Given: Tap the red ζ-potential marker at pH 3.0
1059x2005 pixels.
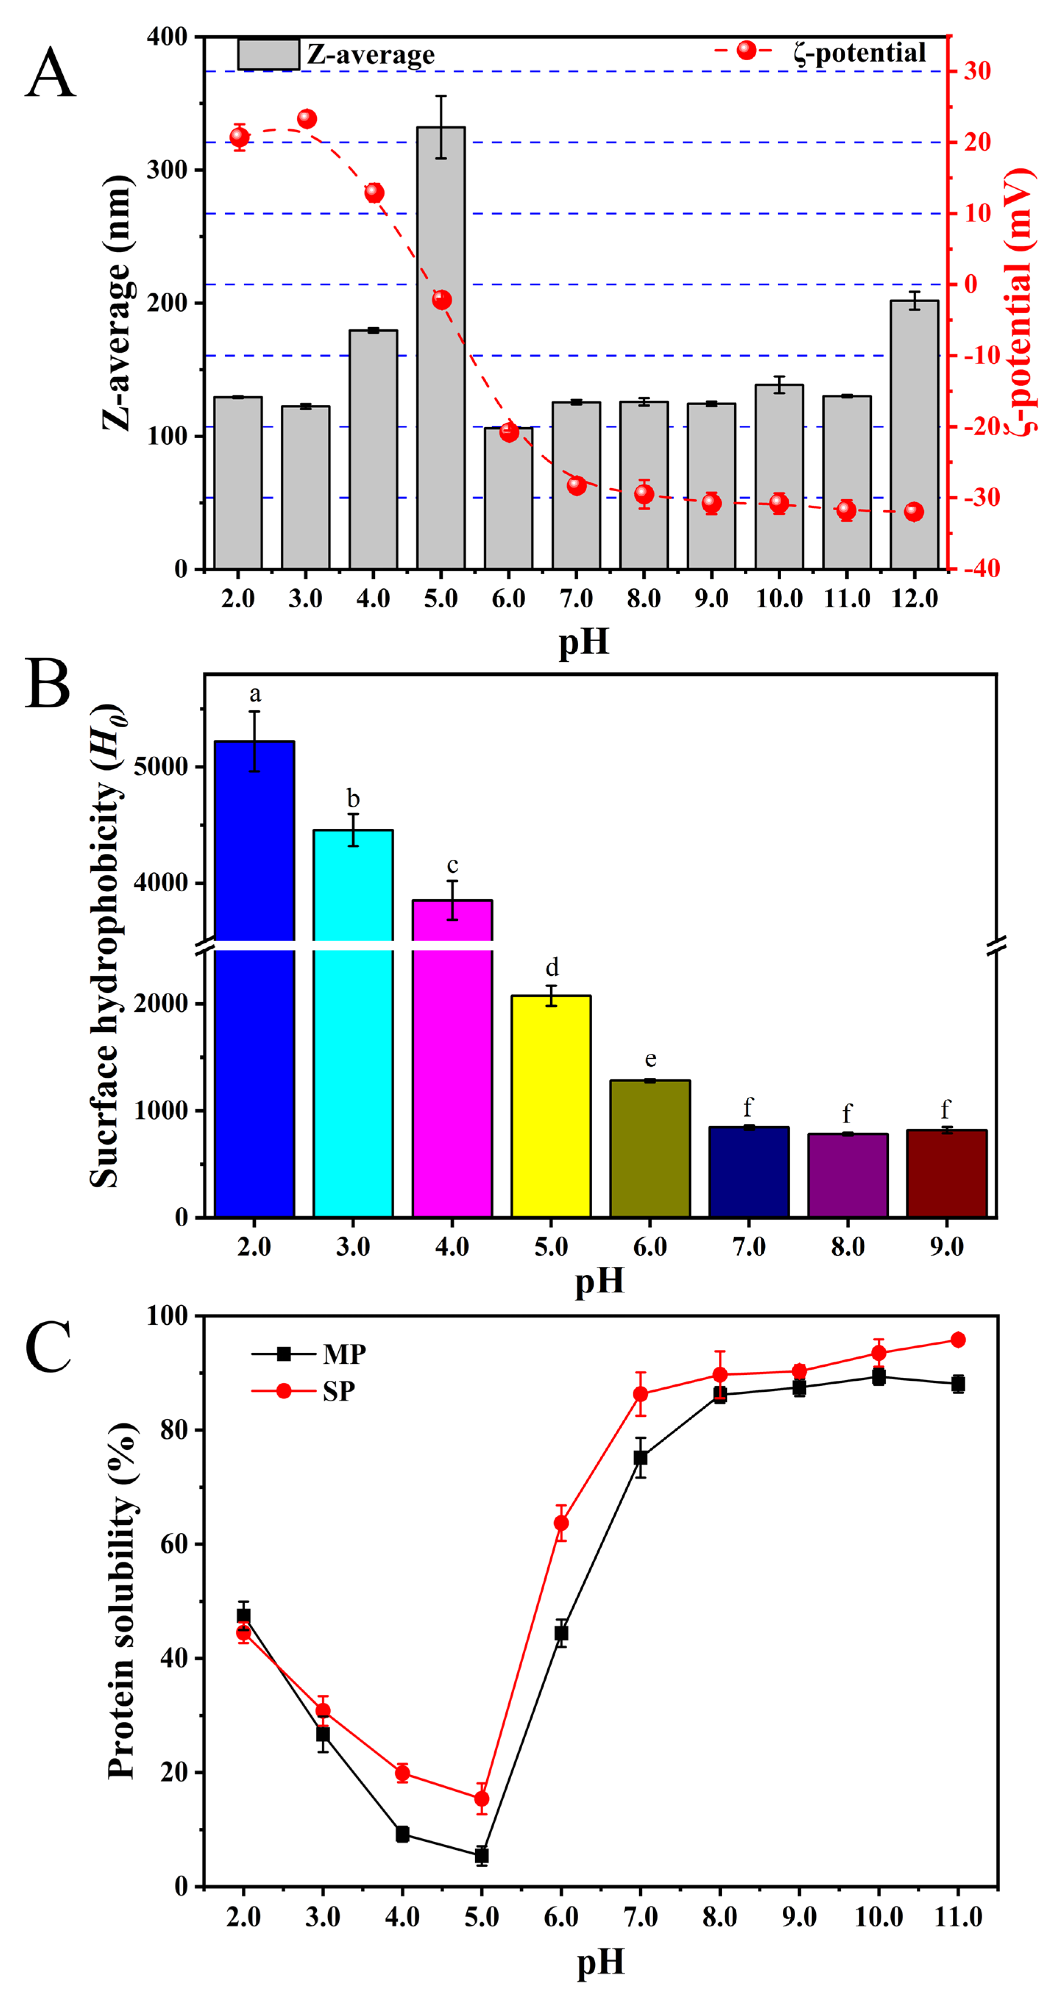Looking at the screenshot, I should click(307, 119).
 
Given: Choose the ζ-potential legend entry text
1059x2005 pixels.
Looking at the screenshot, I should click(860, 53).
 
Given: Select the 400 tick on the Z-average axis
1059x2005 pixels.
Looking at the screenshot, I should click(167, 36).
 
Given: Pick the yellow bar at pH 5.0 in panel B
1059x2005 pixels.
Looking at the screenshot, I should click(551, 1105).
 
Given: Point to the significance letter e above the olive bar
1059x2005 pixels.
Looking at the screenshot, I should click(650, 1059).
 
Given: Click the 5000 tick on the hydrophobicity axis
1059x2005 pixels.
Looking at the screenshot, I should click(161, 767).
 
